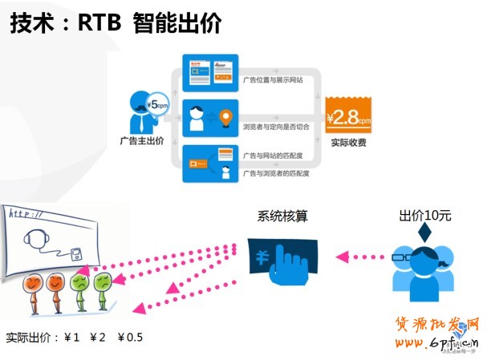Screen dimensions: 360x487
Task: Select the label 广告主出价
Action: (141, 141)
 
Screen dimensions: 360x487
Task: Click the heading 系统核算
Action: (282, 216)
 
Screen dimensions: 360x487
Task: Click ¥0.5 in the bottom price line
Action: (130, 336)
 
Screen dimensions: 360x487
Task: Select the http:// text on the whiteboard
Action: (26, 214)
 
